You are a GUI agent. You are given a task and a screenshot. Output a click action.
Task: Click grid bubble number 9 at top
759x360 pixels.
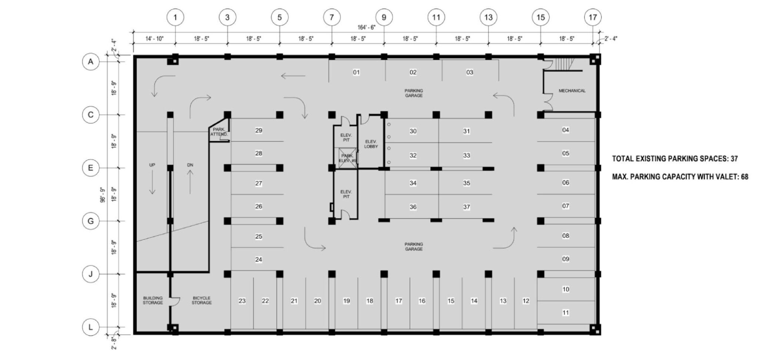(x=384, y=17)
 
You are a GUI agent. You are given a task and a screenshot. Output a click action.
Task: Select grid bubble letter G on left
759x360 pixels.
(x=90, y=221)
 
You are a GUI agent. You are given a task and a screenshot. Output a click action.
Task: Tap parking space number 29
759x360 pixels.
(x=259, y=130)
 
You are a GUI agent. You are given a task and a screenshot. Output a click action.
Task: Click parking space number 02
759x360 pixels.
(x=413, y=72)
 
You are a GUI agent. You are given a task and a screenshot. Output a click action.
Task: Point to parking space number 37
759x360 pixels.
(x=467, y=207)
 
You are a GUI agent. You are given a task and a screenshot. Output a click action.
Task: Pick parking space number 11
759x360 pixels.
(x=566, y=313)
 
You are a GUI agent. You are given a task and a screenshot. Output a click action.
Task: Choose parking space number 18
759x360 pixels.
(x=369, y=301)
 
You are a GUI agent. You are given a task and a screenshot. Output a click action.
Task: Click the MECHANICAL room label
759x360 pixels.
(x=572, y=91)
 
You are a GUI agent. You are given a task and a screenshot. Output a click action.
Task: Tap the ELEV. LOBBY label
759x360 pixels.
(x=371, y=144)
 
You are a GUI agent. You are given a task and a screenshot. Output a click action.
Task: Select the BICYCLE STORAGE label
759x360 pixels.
(x=202, y=300)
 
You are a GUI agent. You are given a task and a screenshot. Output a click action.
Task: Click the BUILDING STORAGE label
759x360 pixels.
(x=153, y=300)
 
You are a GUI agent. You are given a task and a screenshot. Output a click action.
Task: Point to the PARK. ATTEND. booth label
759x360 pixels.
(x=219, y=132)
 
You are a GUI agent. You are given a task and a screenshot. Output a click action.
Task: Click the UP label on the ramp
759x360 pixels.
(x=152, y=165)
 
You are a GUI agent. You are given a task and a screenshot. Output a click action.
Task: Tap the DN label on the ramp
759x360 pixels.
(x=190, y=165)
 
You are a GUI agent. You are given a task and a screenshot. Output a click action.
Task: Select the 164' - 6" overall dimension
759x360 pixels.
(x=367, y=27)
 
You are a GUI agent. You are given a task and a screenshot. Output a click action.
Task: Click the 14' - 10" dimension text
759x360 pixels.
(x=154, y=39)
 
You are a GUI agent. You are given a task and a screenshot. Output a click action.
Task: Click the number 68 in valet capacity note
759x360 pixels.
(x=744, y=177)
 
